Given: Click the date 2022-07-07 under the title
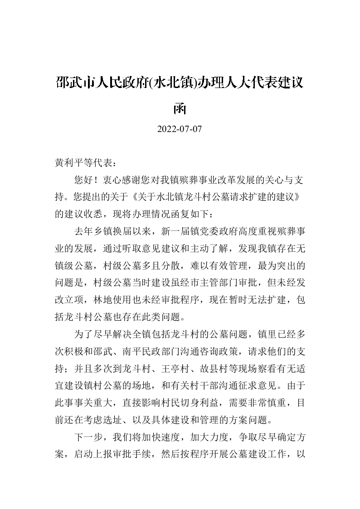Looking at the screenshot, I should click(179, 129).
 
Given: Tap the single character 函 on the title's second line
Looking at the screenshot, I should click(180, 108).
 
